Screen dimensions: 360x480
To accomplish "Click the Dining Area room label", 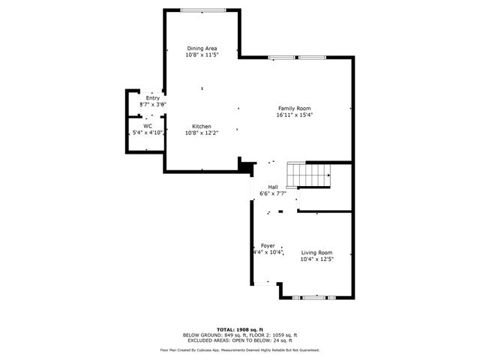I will (201, 48).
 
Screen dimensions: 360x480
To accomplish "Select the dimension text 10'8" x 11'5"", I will (201, 55).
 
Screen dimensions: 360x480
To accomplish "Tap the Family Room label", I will (293, 108).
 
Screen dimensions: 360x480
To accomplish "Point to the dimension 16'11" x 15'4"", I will (293, 115).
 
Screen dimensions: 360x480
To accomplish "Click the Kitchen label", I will (201, 126).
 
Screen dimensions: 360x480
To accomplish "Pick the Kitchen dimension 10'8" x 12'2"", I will (201, 133).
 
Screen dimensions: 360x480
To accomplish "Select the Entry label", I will (152, 98).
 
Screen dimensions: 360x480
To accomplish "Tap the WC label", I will (148, 125).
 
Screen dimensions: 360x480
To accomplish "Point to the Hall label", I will (273, 187).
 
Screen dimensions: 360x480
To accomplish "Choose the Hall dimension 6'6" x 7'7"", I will (273, 193).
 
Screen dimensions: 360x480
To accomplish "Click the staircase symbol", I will (311, 175).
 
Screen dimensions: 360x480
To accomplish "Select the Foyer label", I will (267, 246).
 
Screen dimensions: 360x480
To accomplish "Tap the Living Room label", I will (316, 253).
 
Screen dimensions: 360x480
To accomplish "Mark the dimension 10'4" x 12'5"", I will (316, 259).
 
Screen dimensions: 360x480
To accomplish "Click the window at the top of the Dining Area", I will (201, 10).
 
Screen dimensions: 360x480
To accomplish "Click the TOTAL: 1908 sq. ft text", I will (240, 329).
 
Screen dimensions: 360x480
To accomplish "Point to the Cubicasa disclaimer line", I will (240, 349).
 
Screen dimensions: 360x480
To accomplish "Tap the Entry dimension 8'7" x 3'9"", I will (152, 105).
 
